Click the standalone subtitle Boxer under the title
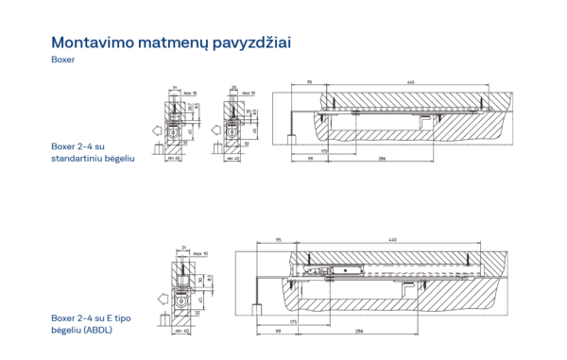pyautogui.click(x=62, y=60)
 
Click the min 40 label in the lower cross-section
pyautogui.click(x=184, y=331)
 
